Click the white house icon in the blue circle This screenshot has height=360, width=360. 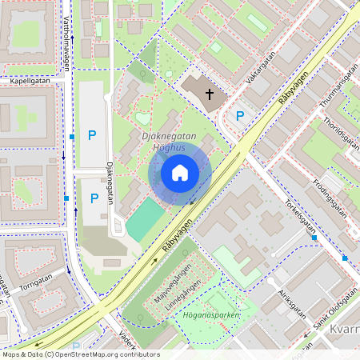coord(180,173)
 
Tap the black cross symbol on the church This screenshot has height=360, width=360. coord(210,94)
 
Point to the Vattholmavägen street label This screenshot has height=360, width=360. coord(66,44)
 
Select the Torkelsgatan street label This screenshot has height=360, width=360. coord(300,214)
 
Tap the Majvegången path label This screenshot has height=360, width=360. coord(177,281)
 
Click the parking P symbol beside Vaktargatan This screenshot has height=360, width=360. coord(239,116)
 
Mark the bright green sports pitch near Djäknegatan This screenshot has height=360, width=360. coord(143,221)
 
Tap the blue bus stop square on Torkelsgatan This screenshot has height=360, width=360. coord(314,238)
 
